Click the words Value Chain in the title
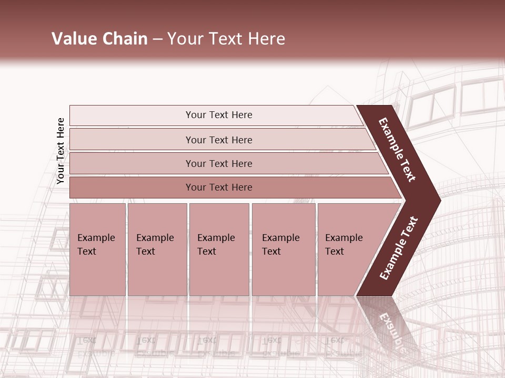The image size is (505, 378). click(x=99, y=39)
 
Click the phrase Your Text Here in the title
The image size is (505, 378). click(x=226, y=39)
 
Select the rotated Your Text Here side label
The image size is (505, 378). click(x=60, y=151)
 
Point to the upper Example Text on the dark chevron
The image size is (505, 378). click(x=397, y=150)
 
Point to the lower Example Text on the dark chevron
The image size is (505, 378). click(x=399, y=248)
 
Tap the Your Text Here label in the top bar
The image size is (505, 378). click(x=219, y=115)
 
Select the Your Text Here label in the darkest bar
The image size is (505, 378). click(x=219, y=187)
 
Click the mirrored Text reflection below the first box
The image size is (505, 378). click(x=87, y=340)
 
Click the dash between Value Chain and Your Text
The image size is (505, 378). click(x=157, y=39)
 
